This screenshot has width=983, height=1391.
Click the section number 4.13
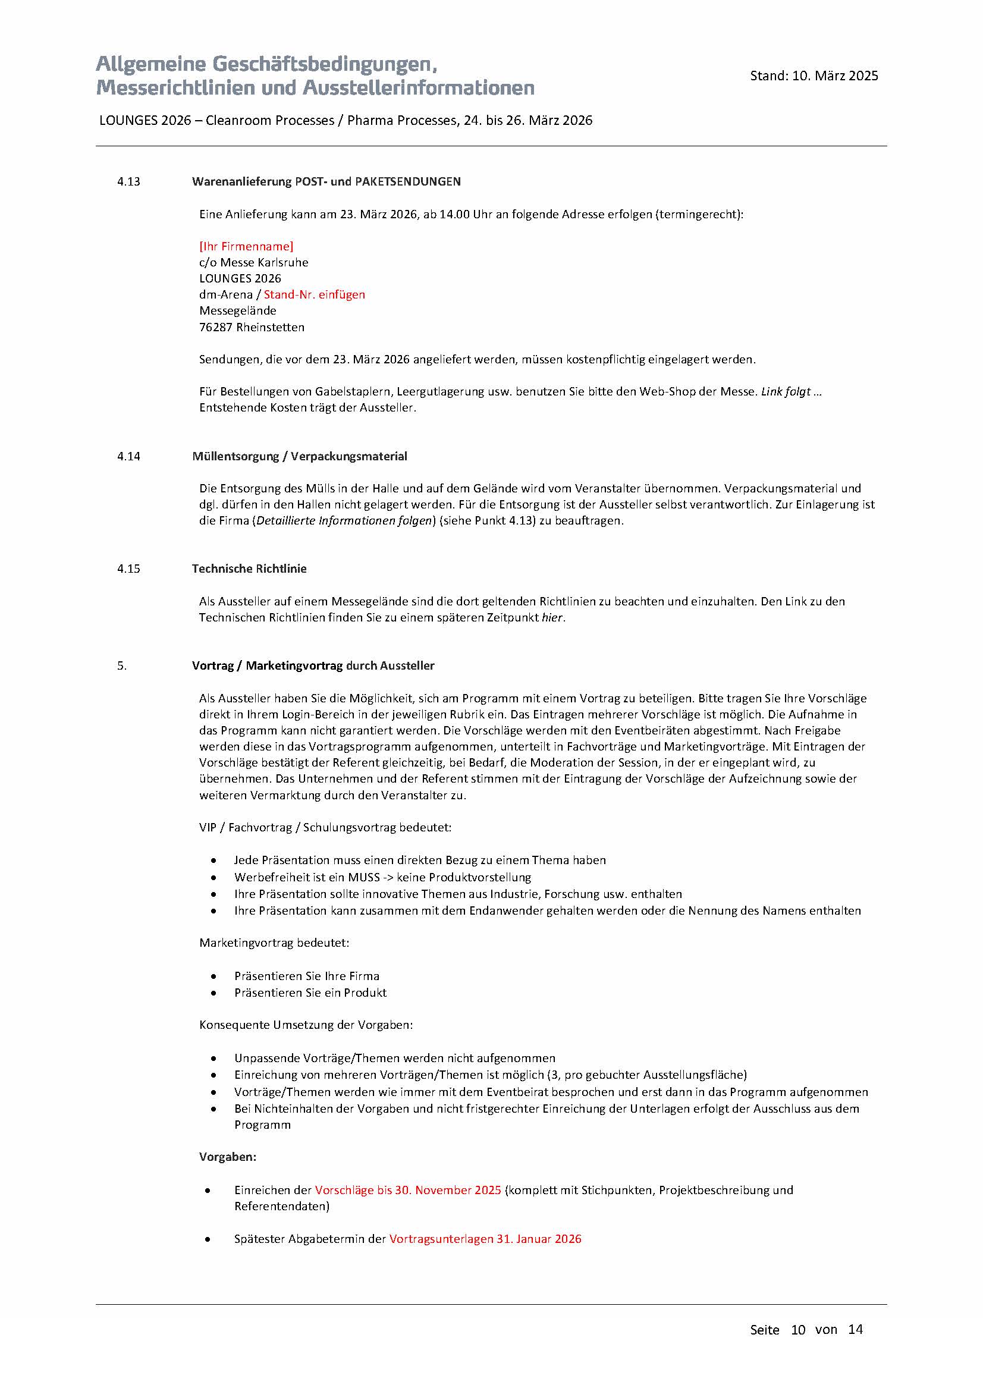128,182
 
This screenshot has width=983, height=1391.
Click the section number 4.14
128,456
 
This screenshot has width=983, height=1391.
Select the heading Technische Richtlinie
249,569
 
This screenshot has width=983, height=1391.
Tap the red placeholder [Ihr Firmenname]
246,247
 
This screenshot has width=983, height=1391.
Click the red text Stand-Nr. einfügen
315,295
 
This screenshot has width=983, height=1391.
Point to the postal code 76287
216,327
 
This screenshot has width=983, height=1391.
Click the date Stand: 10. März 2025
814,76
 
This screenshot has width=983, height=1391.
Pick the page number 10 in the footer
797,1330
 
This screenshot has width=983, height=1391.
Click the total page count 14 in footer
855,1329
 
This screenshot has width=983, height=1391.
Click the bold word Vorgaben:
228,1157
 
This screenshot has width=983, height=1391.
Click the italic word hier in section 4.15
552,618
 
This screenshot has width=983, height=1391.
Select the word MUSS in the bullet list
363,877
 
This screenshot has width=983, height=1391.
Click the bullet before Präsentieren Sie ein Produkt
214,993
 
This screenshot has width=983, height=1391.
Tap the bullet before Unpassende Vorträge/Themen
214,1058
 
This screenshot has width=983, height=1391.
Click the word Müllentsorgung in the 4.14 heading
234,456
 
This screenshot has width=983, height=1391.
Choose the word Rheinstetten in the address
270,327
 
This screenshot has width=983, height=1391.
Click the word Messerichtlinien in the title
174,89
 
